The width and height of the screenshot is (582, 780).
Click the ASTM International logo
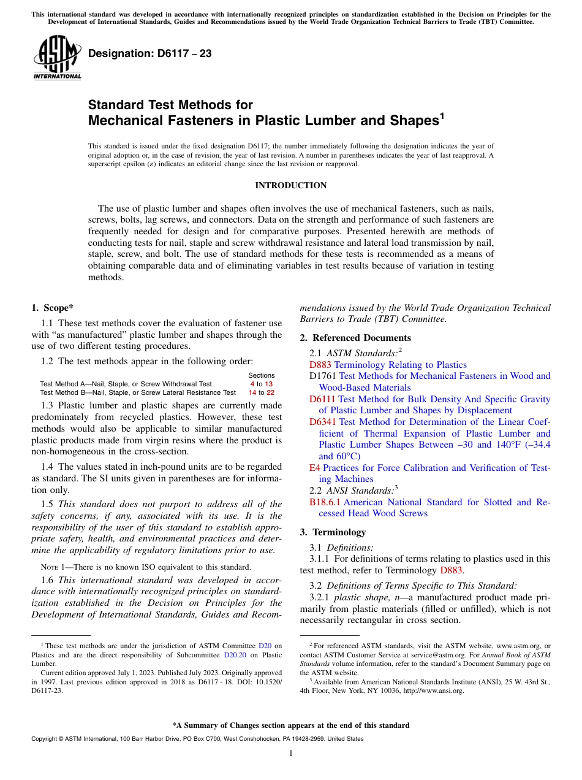pyautogui.click(x=56, y=58)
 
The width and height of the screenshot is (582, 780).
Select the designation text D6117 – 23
pyautogui.click(x=150, y=54)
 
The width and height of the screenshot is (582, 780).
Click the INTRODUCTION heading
pyautogui.click(x=290, y=185)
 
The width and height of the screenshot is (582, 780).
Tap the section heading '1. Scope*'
pyautogui.click(x=53, y=308)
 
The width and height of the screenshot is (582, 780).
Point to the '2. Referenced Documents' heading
pyautogui.click(x=355, y=338)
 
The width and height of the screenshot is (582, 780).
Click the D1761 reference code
pyautogui.click(x=323, y=376)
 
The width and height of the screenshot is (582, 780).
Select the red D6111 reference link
pyautogui.click(x=322, y=399)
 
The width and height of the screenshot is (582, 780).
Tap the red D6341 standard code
pyautogui.click(x=323, y=422)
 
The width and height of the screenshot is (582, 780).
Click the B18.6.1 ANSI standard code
pyautogui.click(x=325, y=502)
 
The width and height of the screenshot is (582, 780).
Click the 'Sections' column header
pyautogui.click(x=261, y=375)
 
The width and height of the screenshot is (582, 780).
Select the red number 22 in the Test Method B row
pyautogui.click(x=270, y=392)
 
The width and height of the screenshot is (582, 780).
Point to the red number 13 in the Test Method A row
pyautogui.click(x=268, y=384)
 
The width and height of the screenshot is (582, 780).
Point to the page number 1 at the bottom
pyautogui.click(x=290, y=753)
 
